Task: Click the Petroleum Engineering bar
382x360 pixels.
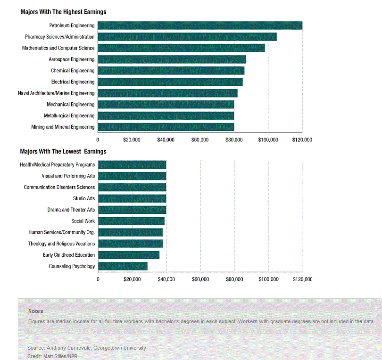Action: pos(200,25)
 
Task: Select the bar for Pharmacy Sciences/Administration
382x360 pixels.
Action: pos(187,37)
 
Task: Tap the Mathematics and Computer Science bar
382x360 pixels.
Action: pos(181,48)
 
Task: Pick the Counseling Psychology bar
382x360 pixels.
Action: pos(123,266)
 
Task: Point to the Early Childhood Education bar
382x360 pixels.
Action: pos(128,255)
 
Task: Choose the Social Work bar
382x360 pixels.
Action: pos(131,221)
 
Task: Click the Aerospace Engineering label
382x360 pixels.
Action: pos(71,59)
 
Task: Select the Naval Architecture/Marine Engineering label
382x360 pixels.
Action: pos(56,93)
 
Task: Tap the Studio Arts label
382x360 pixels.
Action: pos(84,198)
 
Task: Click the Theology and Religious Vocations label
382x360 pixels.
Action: pos(61,244)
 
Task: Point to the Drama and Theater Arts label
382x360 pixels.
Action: pos(71,210)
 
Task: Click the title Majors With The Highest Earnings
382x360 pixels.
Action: pos(63,11)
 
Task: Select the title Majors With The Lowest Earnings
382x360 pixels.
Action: pos(63,151)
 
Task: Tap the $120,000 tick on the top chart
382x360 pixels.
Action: pos(302,140)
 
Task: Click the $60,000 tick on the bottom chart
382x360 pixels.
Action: pos(200,279)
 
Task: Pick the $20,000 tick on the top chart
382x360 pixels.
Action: pos(132,140)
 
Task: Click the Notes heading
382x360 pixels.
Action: pos(35,311)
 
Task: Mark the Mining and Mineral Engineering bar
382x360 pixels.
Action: pos(166,127)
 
